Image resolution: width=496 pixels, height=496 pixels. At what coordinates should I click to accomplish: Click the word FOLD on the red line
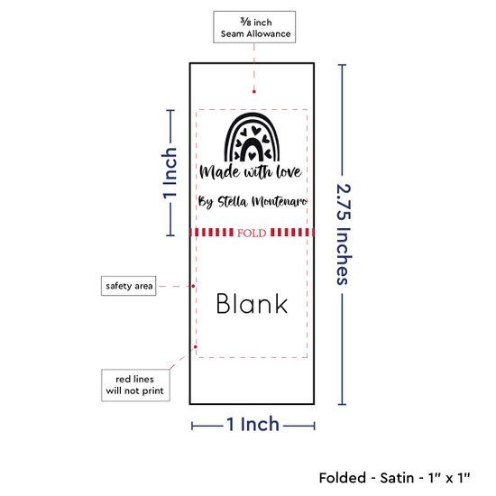[252, 234]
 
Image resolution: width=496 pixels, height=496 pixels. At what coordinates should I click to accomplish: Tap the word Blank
[252, 303]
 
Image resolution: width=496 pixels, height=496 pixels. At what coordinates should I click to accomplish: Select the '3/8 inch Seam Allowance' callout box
[254, 27]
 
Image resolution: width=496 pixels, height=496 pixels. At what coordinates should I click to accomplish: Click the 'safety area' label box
[128, 286]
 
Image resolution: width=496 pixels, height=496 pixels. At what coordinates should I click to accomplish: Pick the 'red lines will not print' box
[135, 385]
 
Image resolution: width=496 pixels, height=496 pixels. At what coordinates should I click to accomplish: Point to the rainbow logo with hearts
[252, 137]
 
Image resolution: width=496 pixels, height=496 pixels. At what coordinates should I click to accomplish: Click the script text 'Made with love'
[251, 171]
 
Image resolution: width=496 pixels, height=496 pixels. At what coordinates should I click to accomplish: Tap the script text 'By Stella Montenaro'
[253, 202]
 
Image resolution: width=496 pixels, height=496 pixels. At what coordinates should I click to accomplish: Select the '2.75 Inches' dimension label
[344, 234]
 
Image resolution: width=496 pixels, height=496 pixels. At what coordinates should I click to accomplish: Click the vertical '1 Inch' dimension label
[170, 173]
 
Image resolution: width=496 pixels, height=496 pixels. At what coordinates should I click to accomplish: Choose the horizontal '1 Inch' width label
[253, 424]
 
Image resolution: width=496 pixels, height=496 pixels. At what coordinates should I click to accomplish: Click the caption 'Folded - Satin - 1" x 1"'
[394, 478]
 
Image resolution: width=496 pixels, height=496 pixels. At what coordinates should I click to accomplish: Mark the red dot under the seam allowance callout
[254, 92]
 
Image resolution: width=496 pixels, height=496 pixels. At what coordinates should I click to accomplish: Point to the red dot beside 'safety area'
[193, 286]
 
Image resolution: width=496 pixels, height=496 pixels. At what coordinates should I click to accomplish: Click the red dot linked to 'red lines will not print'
[196, 347]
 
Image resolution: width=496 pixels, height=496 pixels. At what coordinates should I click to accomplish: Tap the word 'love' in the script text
[289, 171]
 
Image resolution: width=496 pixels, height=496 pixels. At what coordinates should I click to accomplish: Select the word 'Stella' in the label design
[232, 201]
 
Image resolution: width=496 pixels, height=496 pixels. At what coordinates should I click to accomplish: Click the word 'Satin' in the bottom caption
[397, 478]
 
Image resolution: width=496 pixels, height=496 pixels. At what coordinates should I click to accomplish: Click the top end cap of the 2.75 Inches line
[342, 65]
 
